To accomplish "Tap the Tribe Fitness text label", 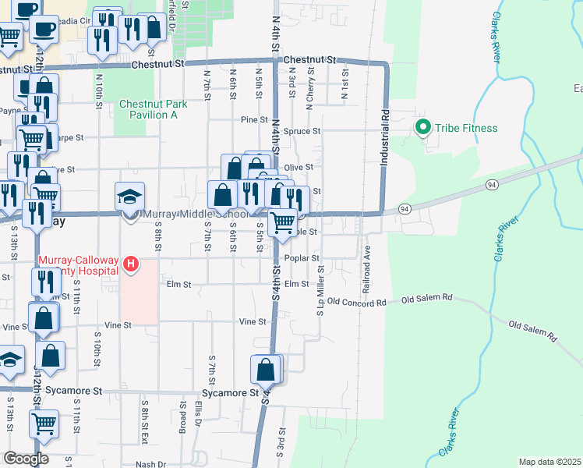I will pyautogui.click(x=467, y=128).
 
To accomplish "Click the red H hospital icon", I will pyautogui.click(x=131, y=265).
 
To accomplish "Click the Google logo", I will pyautogui.click(x=26, y=459).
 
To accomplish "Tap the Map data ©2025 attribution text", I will pyautogui.click(x=549, y=462).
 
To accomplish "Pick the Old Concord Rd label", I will pyautogui.click(x=356, y=301).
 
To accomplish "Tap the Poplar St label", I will pyautogui.click(x=302, y=257).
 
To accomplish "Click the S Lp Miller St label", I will pyautogui.click(x=320, y=290).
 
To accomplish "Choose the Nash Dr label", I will pyautogui.click(x=150, y=464).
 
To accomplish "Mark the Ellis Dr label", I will pyautogui.click(x=199, y=415).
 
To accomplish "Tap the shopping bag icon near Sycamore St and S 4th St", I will pyautogui.click(x=266, y=370).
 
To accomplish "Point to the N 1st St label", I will pyautogui.click(x=344, y=77).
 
